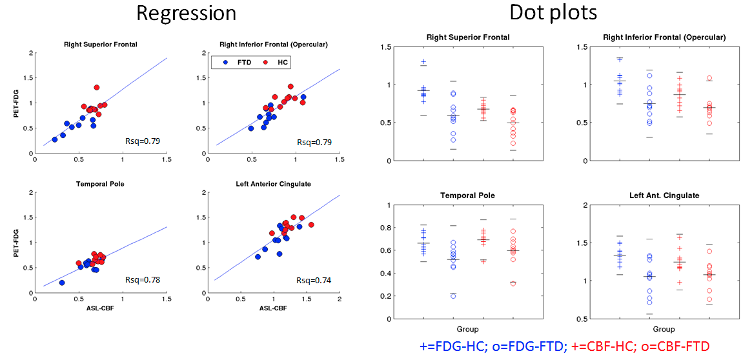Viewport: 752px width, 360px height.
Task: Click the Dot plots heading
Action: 553,12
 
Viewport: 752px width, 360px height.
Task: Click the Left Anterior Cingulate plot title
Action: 274,184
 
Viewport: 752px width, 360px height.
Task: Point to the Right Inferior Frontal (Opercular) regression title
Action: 274,45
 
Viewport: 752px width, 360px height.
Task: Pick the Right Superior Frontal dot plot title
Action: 468,37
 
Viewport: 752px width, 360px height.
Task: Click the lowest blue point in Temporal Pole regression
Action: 62,283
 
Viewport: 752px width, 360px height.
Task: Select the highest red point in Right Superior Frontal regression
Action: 97,87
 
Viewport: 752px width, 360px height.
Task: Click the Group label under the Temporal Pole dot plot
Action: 468,329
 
